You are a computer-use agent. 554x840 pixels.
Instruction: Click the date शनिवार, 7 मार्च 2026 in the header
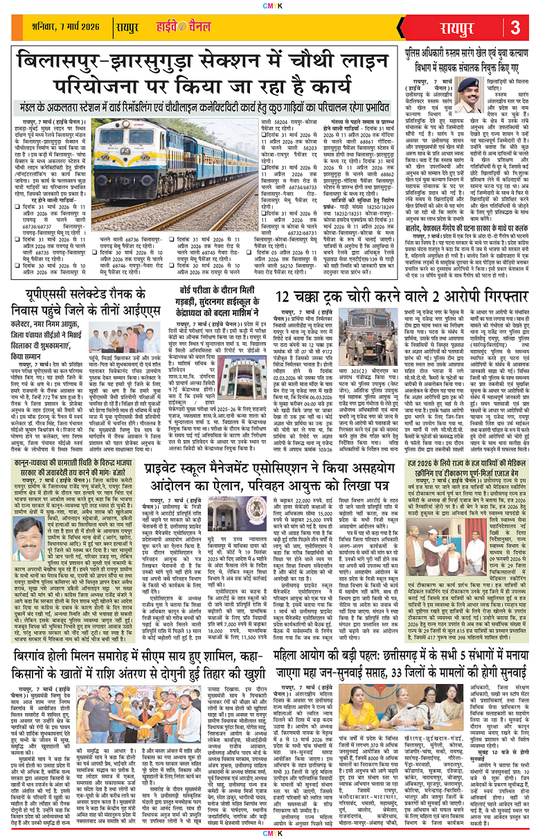68,29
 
